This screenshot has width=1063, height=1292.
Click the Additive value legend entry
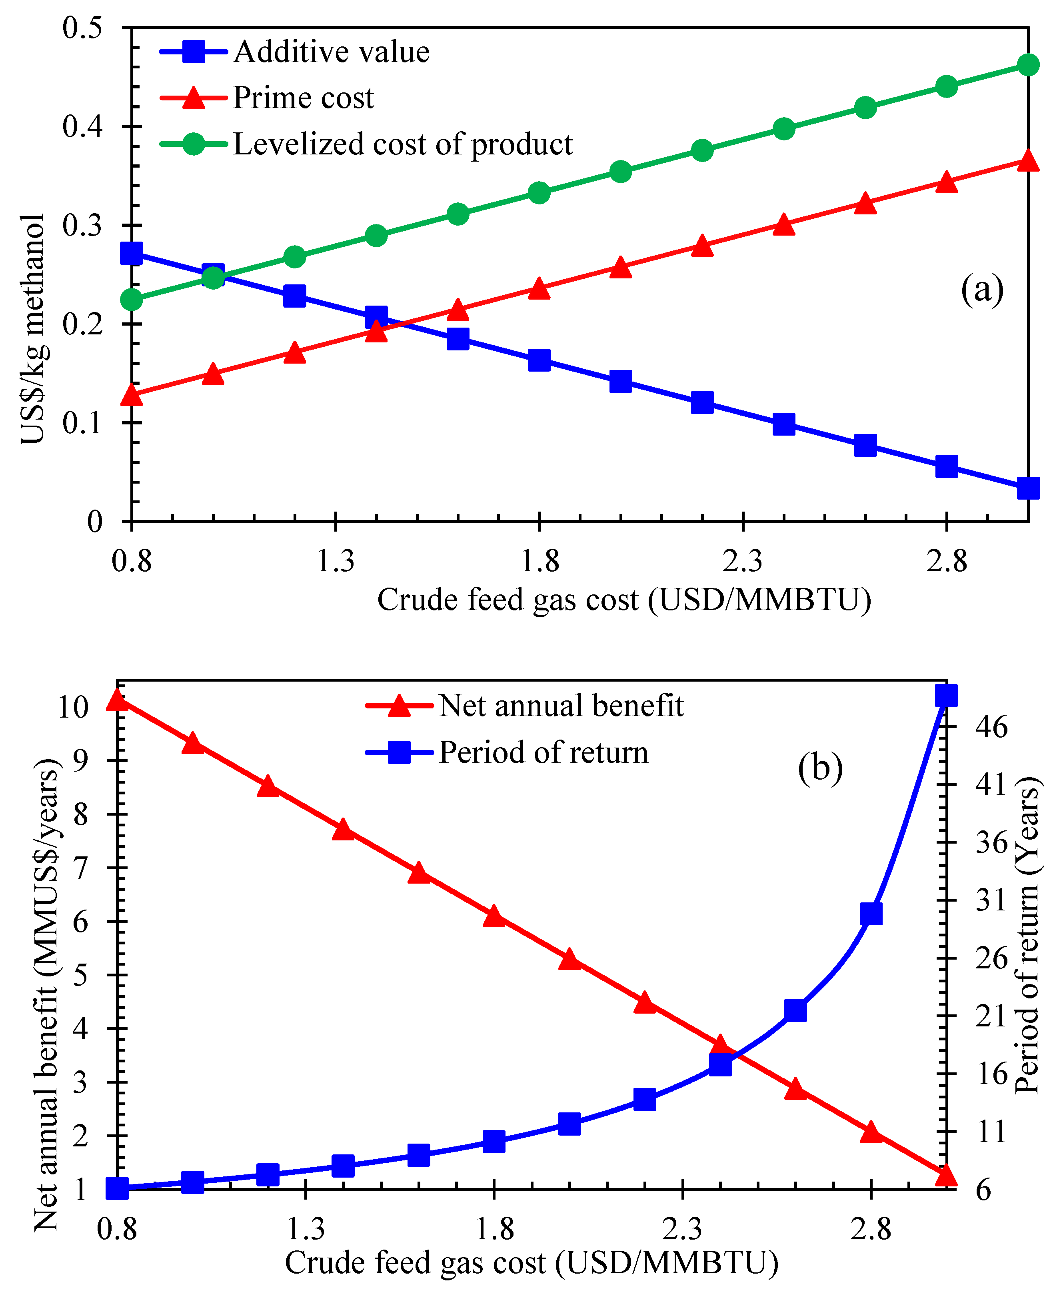click(331, 52)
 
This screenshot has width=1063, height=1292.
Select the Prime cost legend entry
click(303, 98)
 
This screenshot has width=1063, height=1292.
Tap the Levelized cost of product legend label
click(402, 144)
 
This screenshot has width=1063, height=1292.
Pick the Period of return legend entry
click(543, 752)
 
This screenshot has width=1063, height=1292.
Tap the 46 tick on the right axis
click(991, 727)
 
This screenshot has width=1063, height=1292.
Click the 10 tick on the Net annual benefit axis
click(73, 707)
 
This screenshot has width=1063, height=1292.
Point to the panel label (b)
click(820, 767)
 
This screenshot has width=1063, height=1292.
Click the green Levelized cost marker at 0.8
click(132, 300)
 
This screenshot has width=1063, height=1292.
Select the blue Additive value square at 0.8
click(132, 253)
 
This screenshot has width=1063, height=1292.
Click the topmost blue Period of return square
click(946, 696)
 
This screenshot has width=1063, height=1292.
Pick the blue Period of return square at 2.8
click(871, 914)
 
